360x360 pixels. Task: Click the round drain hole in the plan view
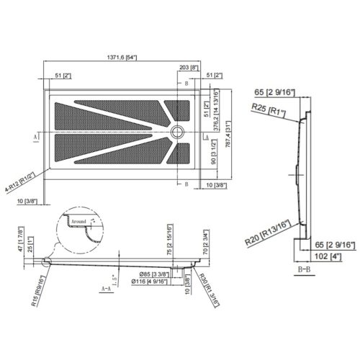tap(178, 131)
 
